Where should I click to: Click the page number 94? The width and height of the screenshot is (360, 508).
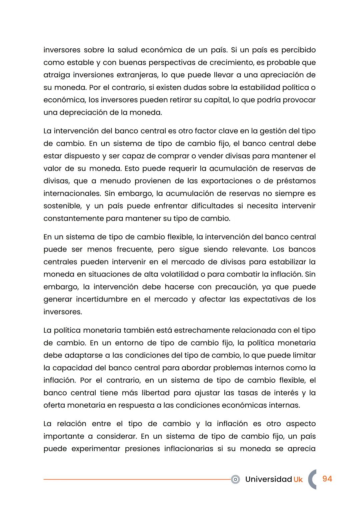(x=327, y=479)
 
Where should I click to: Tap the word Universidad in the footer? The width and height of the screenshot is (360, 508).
(x=268, y=479)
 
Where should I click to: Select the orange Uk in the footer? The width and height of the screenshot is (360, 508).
(x=298, y=479)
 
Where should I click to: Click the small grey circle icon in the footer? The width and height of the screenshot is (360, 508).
(x=235, y=479)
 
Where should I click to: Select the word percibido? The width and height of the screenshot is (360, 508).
(x=298, y=50)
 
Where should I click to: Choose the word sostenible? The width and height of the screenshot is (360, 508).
(x=62, y=206)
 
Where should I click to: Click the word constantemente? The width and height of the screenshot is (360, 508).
(x=73, y=219)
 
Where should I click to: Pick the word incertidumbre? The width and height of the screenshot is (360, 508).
(x=101, y=299)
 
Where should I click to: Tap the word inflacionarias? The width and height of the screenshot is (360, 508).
(x=188, y=449)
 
